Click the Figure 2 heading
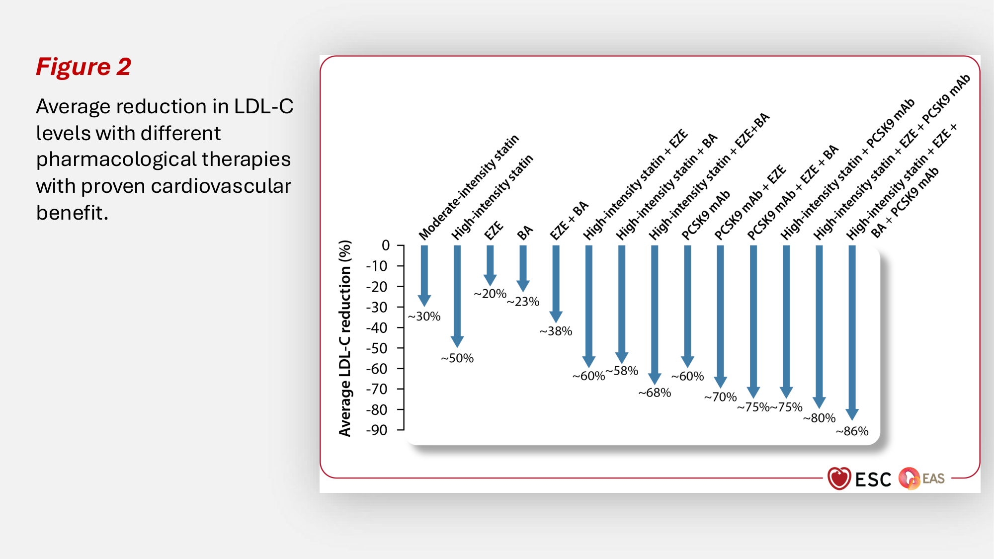click(83, 67)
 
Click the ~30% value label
click(424, 317)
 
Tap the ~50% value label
click(457, 358)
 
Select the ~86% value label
click(852, 431)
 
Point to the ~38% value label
click(556, 331)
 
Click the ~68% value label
click(655, 393)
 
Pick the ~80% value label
click(819, 418)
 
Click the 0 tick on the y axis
click(386, 245)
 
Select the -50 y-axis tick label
click(377, 348)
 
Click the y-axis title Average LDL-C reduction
click(345, 338)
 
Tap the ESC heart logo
click(839, 479)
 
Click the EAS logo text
click(933, 479)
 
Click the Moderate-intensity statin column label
click(468, 187)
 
